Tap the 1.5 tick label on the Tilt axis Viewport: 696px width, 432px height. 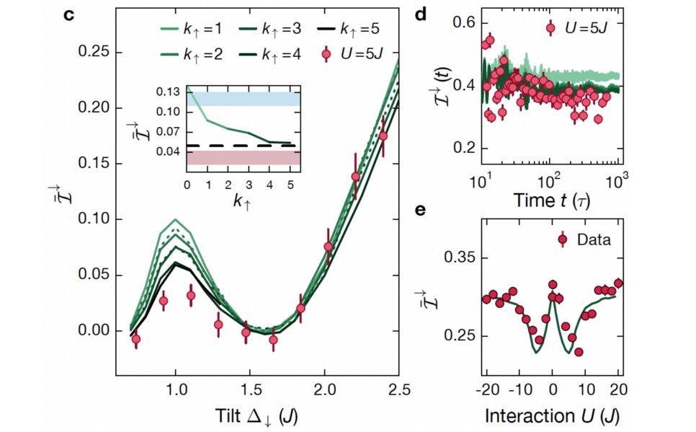point(249,390)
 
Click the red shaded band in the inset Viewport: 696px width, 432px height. point(244,157)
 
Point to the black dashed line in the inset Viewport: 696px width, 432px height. point(244,146)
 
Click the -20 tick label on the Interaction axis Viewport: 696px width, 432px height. point(484,390)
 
